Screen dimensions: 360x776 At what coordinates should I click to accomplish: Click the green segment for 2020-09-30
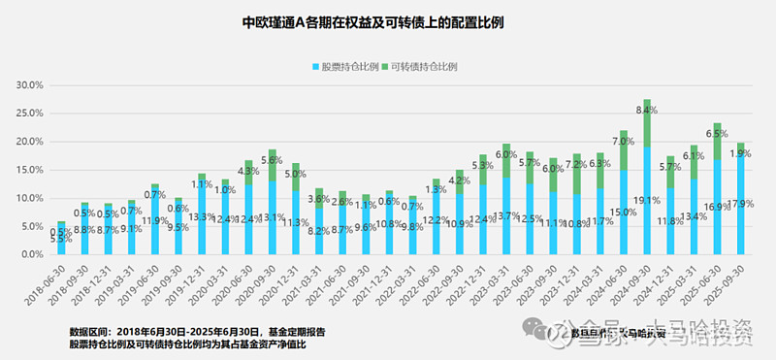(x=273, y=165)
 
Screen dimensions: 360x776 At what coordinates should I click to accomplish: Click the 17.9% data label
(x=743, y=204)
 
